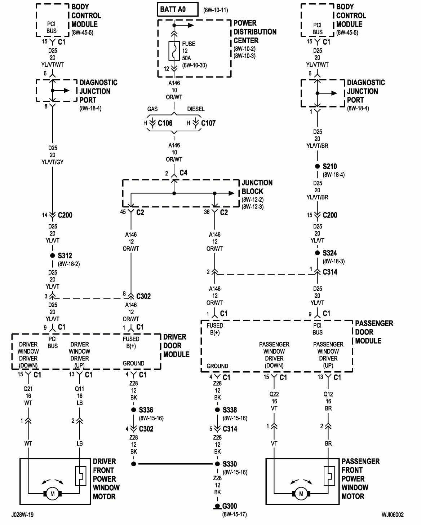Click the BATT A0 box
click(x=177, y=9)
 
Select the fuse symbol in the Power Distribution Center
click(x=174, y=51)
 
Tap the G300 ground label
click(x=229, y=506)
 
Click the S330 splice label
click(x=230, y=464)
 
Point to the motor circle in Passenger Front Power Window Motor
click(x=301, y=493)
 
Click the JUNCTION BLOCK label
click(x=257, y=187)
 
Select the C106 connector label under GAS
click(x=165, y=123)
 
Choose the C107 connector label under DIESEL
click(x=208, y=123)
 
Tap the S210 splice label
click(x=329, y=166)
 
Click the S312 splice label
click(x=65, y=256)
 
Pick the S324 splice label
click(x=329, y=253)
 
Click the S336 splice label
click(x=146, y=410)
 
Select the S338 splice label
click(x=230, y=410)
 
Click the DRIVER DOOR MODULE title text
click(x=176, y=346)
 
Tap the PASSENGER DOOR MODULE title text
click(x=374, y=332)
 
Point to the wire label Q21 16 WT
click(x=28, y=396)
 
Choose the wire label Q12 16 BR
click(x=328, y=401)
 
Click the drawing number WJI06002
click(x=393, y=515)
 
